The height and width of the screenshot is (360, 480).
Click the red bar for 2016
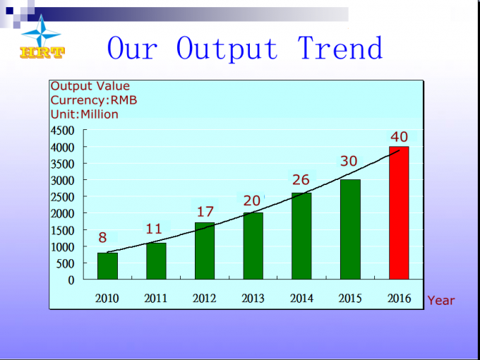(399, 212)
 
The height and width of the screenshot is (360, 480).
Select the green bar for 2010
(107, 266)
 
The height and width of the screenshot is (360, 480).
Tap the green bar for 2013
(253, 246)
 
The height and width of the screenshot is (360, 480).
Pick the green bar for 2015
(350, 229)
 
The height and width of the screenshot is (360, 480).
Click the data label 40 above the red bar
(400, 137)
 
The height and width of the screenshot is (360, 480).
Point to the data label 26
(301, 180)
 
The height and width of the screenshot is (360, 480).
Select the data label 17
(205, 212)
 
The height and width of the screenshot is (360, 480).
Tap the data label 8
(102, 238)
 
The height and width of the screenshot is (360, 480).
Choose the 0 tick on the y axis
(71, 280)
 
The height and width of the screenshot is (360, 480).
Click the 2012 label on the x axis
(204, 298)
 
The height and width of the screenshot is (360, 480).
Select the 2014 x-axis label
(301, 298)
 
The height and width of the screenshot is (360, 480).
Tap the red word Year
(441, 301)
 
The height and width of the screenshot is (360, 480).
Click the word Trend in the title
(340, 48)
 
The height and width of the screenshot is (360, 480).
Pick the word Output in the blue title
(227, 49)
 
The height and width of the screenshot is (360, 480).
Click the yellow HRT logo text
(42, 53)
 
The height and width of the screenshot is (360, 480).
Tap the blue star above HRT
(42, 32)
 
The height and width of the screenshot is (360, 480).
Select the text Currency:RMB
(94, 100)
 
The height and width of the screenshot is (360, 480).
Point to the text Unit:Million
(85, 114)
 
